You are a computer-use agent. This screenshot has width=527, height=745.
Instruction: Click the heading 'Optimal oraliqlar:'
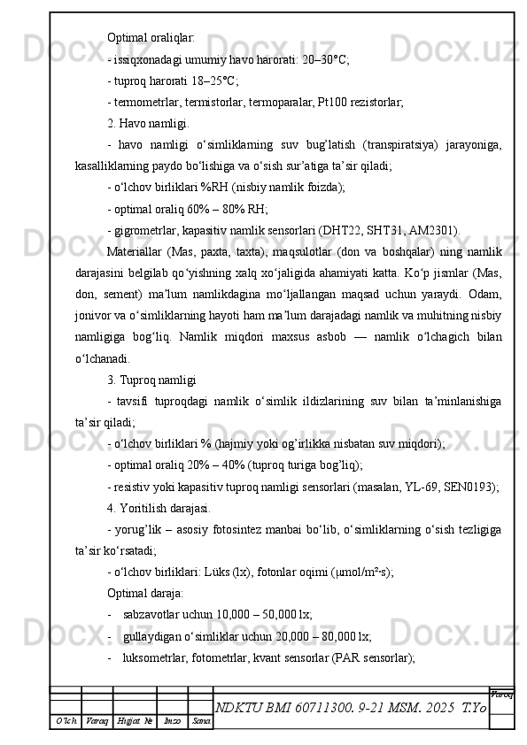point(151,38)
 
